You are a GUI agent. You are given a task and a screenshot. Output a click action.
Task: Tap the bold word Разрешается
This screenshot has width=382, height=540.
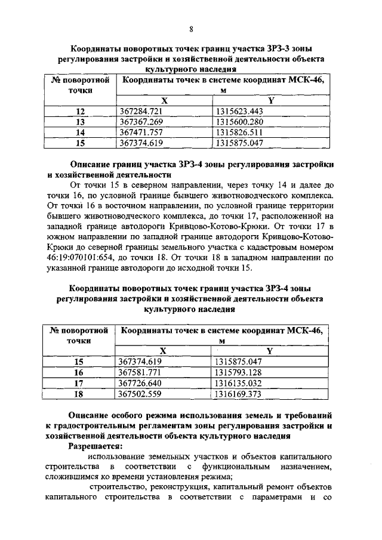pos(96,446)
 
